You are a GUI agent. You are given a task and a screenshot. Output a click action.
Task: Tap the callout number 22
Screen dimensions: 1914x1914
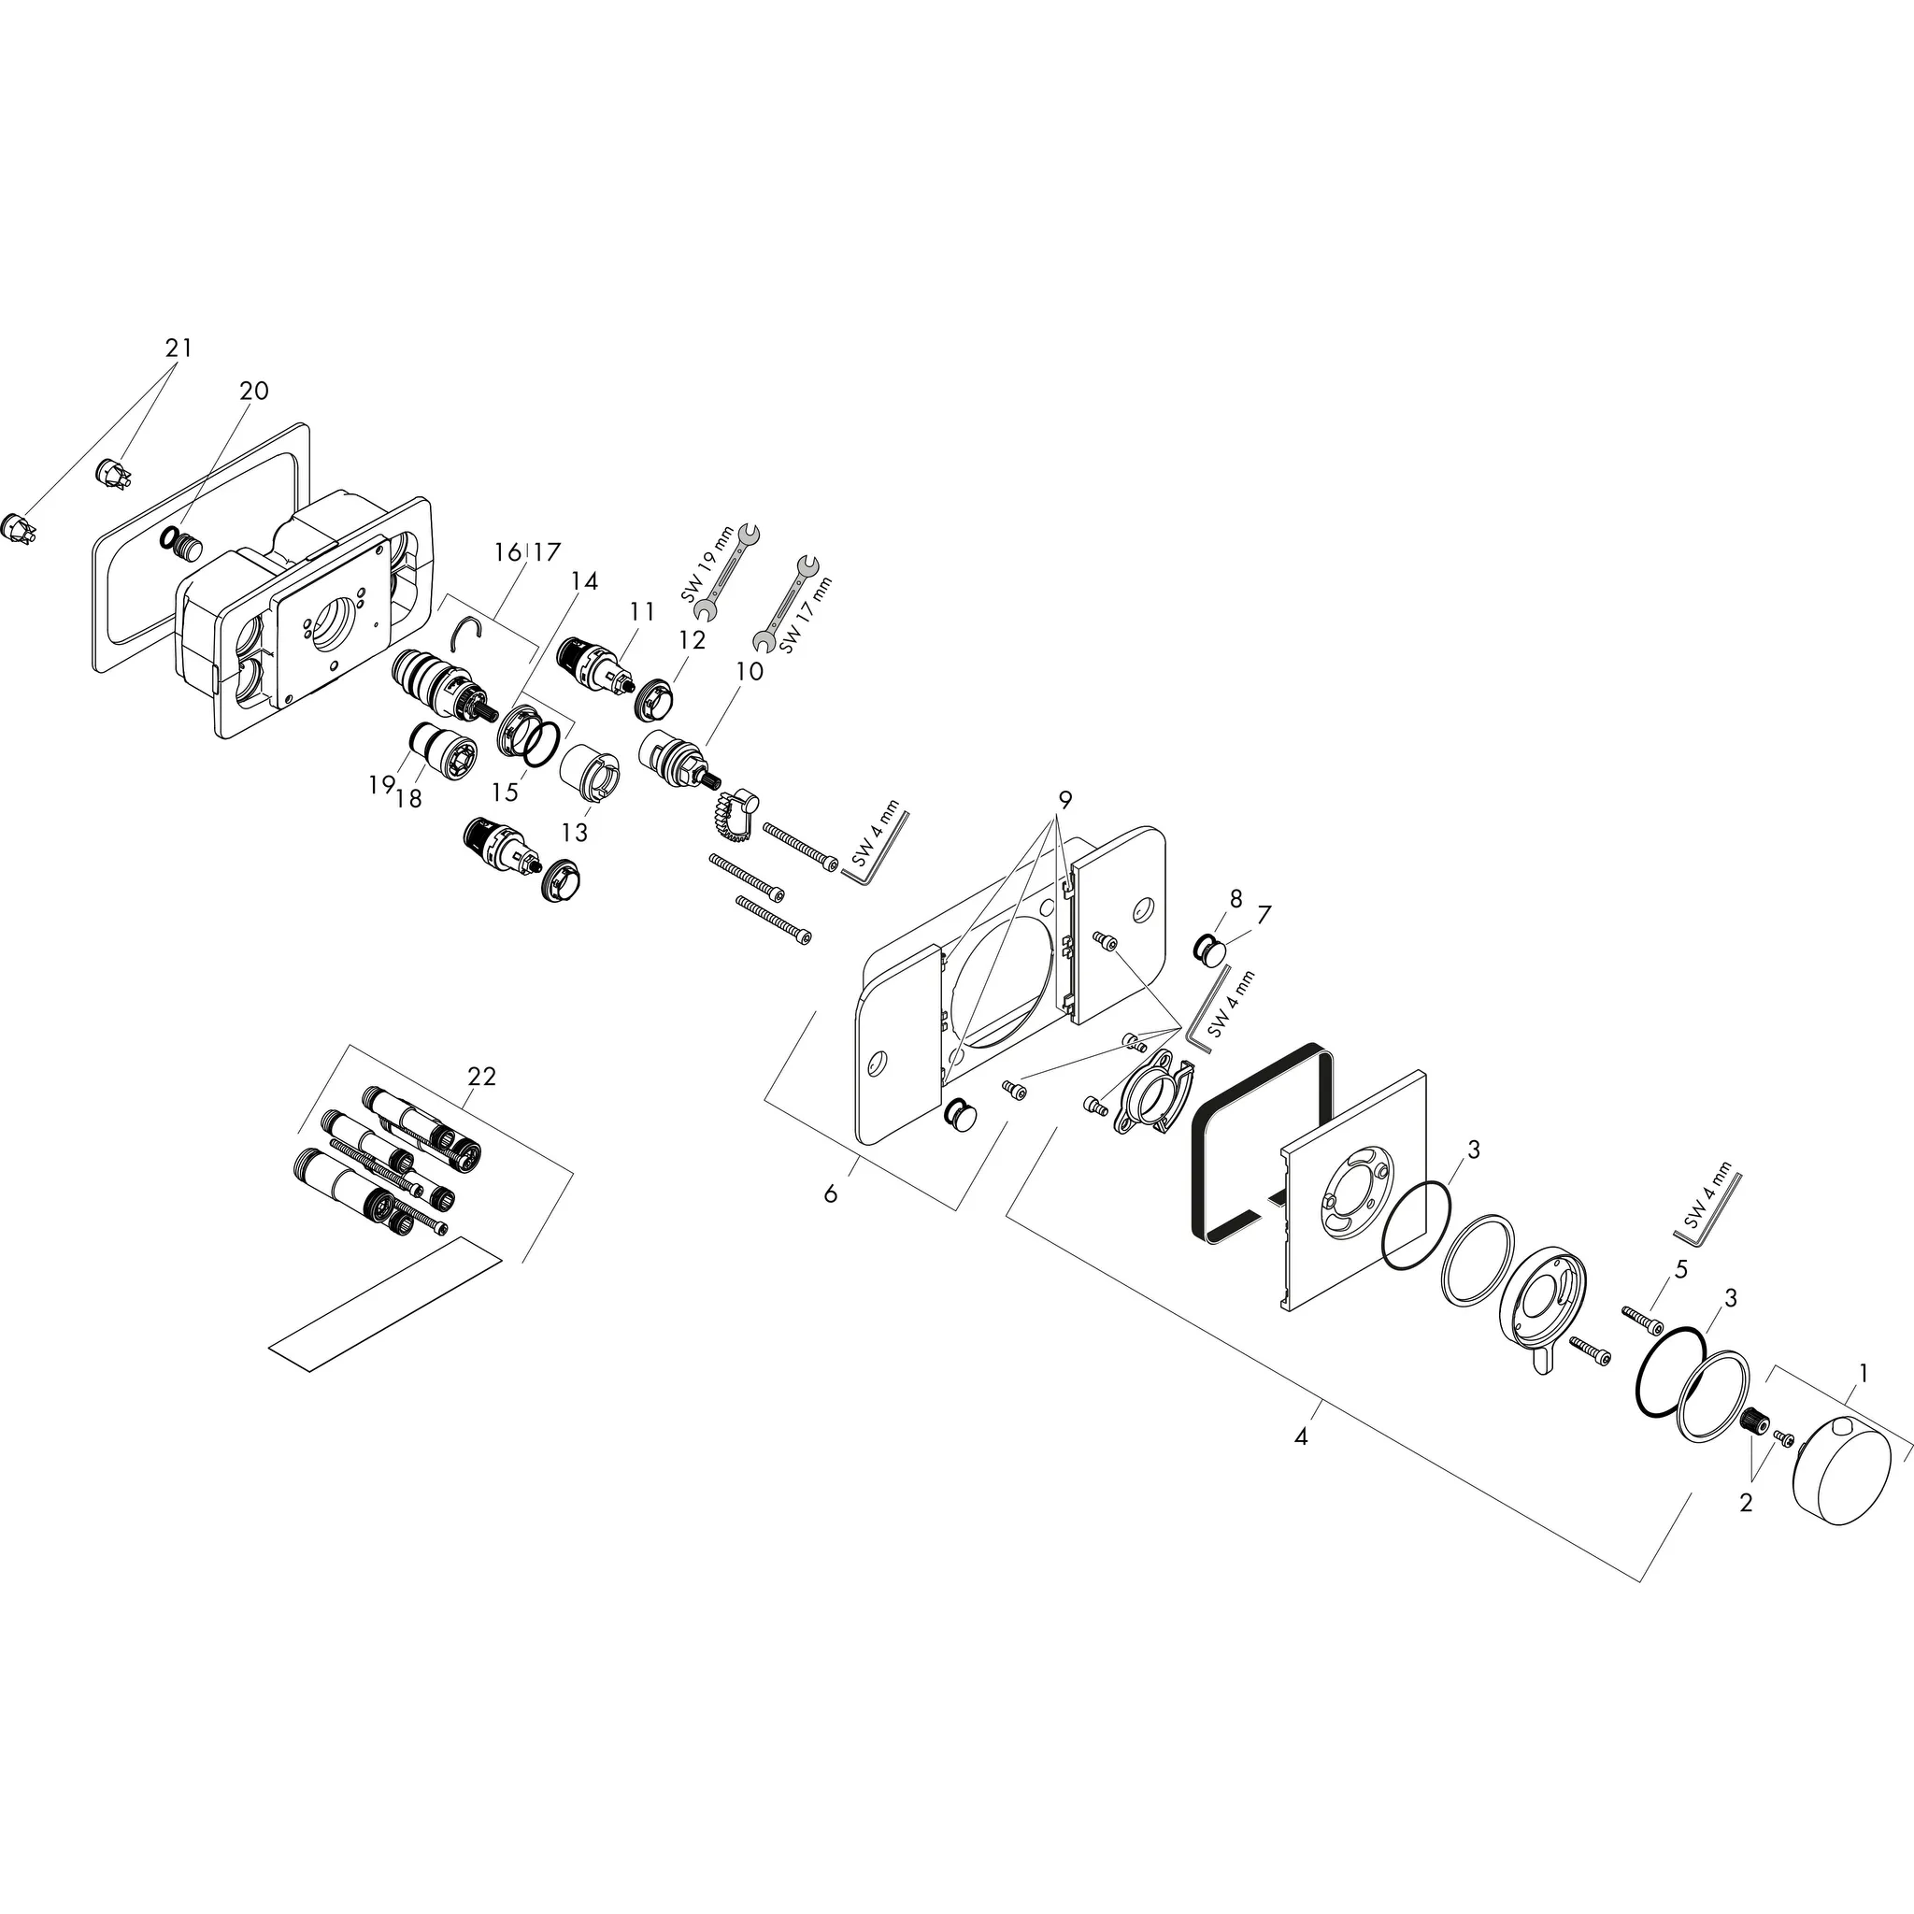click(x=481, y=1076)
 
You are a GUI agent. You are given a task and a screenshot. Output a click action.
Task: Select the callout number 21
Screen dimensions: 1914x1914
click(x=179, y=348)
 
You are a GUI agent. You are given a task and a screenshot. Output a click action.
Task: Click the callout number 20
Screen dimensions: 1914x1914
click(x=253, y=391)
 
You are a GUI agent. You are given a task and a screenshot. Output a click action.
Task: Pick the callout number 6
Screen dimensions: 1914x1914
click(x=830, y=1194)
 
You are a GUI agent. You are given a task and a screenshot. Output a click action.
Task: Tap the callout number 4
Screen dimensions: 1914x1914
click(x=1301, y=1436)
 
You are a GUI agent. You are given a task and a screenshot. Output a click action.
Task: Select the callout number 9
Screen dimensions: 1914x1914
click(x=1065, y=798)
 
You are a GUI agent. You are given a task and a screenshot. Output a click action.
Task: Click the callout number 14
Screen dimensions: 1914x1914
click(x=584, y=580)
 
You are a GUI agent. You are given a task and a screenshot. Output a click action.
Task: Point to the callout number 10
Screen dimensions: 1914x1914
click(x=750, y=671)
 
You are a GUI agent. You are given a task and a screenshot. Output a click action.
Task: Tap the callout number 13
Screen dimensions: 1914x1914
click(x=575, y=832)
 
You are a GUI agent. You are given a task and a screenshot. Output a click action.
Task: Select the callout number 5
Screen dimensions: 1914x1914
click(x=1680, y=1268)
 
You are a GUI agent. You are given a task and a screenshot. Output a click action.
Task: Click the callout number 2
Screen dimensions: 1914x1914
click(x=1746, y=1503)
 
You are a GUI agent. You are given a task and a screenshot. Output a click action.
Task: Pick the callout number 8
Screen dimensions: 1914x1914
click(x=1236, y=898)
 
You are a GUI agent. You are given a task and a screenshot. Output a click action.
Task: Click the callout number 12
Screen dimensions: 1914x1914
click(x=693, y=640)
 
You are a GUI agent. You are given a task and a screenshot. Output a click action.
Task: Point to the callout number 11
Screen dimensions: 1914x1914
click(x=642, y=611)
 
